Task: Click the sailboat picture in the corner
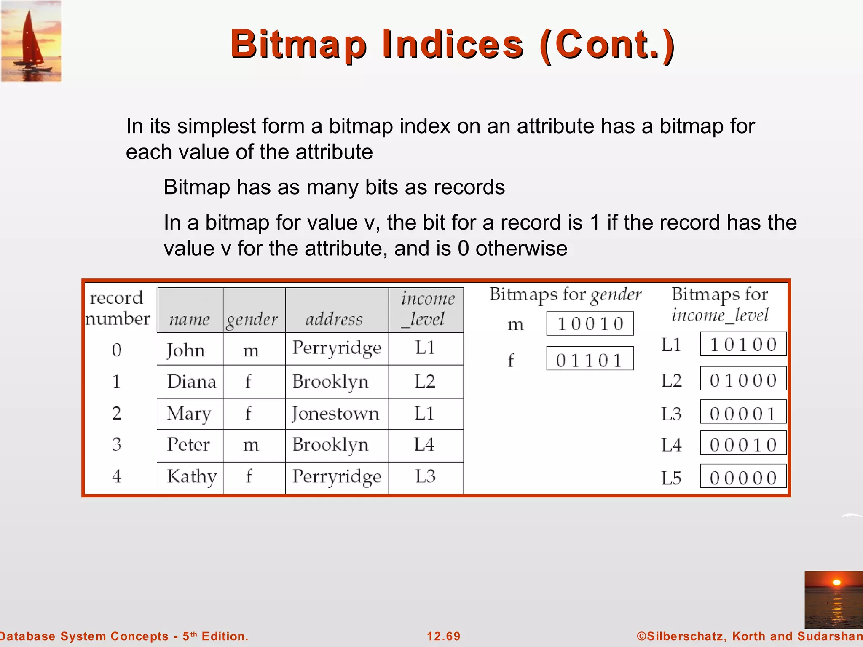click(x=31, y=41)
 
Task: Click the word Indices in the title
click(x=453, y=45)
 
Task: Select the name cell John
click(x=186, y=350)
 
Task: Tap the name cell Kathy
click(x=192, y=476)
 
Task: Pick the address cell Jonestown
click(x=336, y=413)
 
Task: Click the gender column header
click(x=252, y=319)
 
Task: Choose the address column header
click(x=334, y=319)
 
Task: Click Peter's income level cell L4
click(x=424, y=445)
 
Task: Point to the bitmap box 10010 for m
click(x=590, y=324)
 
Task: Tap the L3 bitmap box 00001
click(x=743, y=413)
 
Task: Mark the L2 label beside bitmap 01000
click(x=671, y=381)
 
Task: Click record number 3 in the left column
click(x=117, y=445)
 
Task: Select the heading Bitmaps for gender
click(x=565, y=294)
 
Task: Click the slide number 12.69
click(x=443, y=636)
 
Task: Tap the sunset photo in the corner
click(x=833, y=599)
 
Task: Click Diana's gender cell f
click(x=248, y=382)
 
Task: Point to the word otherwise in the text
click(x=521, y=249)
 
